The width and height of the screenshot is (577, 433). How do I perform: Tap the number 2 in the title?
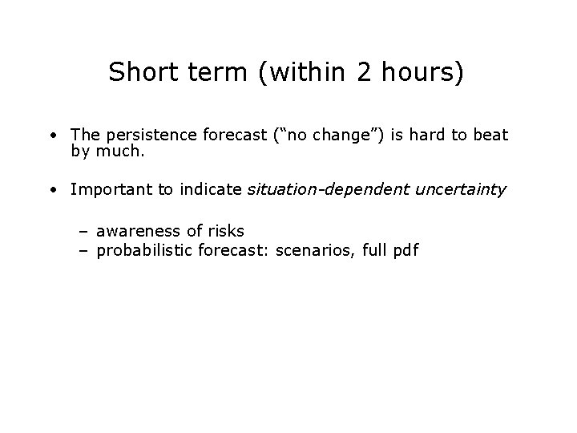(365, 73)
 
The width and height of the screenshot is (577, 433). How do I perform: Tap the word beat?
(490, 135)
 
